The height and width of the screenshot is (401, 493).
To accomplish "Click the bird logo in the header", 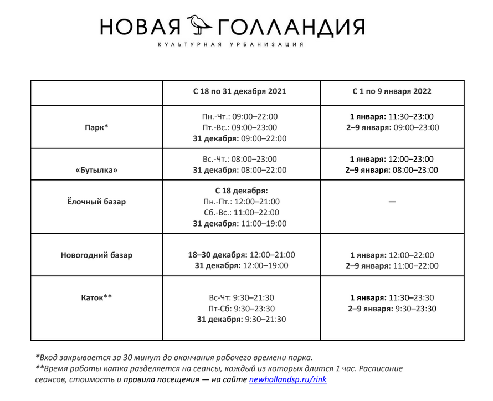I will click(199, 24).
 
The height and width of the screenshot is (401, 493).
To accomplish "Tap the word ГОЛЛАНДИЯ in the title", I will click(291, 26).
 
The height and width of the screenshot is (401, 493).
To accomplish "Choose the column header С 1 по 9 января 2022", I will click(392, 91).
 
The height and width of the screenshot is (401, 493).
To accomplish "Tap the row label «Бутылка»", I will click(96, 170).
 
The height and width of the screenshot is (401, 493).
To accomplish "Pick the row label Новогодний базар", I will click(96, 255).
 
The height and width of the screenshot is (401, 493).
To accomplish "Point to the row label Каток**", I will click(96, 297).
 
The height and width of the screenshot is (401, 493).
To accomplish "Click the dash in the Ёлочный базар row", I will click(392, 202).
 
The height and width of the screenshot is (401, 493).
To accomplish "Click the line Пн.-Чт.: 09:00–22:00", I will click(240, 116).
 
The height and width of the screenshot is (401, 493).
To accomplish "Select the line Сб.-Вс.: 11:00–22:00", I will click(240, 213).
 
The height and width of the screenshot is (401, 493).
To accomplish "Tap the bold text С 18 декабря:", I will click(242, 191).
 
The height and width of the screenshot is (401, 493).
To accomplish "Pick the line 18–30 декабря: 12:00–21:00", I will click(242, 255).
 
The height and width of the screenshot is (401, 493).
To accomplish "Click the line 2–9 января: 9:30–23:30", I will click(392, 309).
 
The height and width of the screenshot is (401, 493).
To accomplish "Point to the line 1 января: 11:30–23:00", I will click(392, 116).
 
